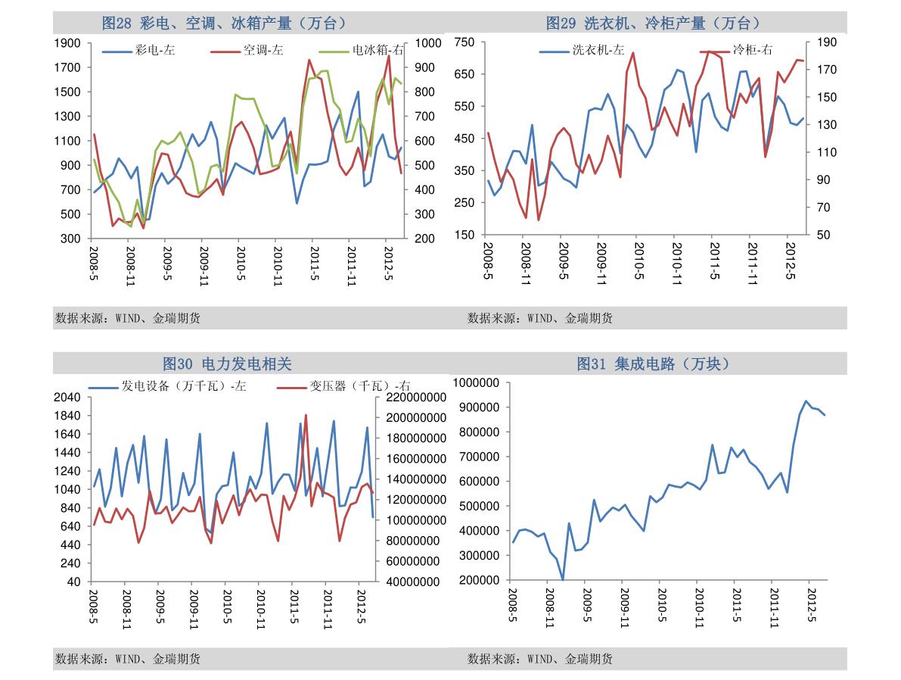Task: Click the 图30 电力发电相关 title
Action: [227, 364]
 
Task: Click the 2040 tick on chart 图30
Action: [69, 398]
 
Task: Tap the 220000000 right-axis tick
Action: [414, 398]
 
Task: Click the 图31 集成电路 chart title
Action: [653, 364]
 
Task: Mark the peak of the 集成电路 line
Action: [806, 401]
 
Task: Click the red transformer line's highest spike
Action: [306, 415]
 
